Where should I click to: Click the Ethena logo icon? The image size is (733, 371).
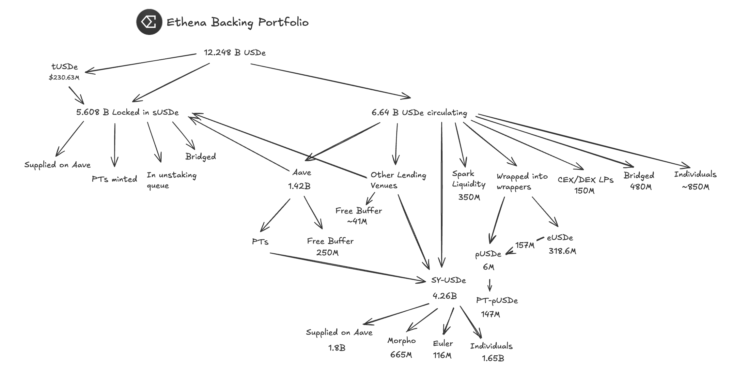(149, 22)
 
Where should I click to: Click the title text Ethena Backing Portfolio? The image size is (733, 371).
(238, 22)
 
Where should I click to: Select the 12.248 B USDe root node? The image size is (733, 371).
(235, 52)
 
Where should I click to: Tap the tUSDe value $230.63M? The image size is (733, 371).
(64, 78)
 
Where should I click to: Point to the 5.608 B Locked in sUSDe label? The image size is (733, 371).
(127, 112)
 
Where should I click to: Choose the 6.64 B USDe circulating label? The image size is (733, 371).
(419, 113)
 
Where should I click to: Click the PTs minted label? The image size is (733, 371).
(114, 179)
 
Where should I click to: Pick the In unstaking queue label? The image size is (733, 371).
(171, 180)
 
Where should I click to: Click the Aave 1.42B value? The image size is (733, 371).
(299, 186)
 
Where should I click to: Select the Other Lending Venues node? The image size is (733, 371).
(398, 180)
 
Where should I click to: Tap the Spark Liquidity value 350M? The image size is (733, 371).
(469, 197)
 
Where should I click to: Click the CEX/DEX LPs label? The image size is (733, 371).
(585, 180)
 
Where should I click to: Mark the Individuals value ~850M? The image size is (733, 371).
(695, 187)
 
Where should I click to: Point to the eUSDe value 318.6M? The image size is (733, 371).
(562, 251)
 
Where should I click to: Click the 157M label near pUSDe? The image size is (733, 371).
(525, 245)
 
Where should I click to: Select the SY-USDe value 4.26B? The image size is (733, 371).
(444, 296)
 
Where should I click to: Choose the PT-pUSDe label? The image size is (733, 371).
(497, 300)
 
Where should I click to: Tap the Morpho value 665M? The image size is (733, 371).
(401, 355)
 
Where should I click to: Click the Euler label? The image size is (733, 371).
(443, 344)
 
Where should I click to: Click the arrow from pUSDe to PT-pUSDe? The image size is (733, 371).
(490, 285)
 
